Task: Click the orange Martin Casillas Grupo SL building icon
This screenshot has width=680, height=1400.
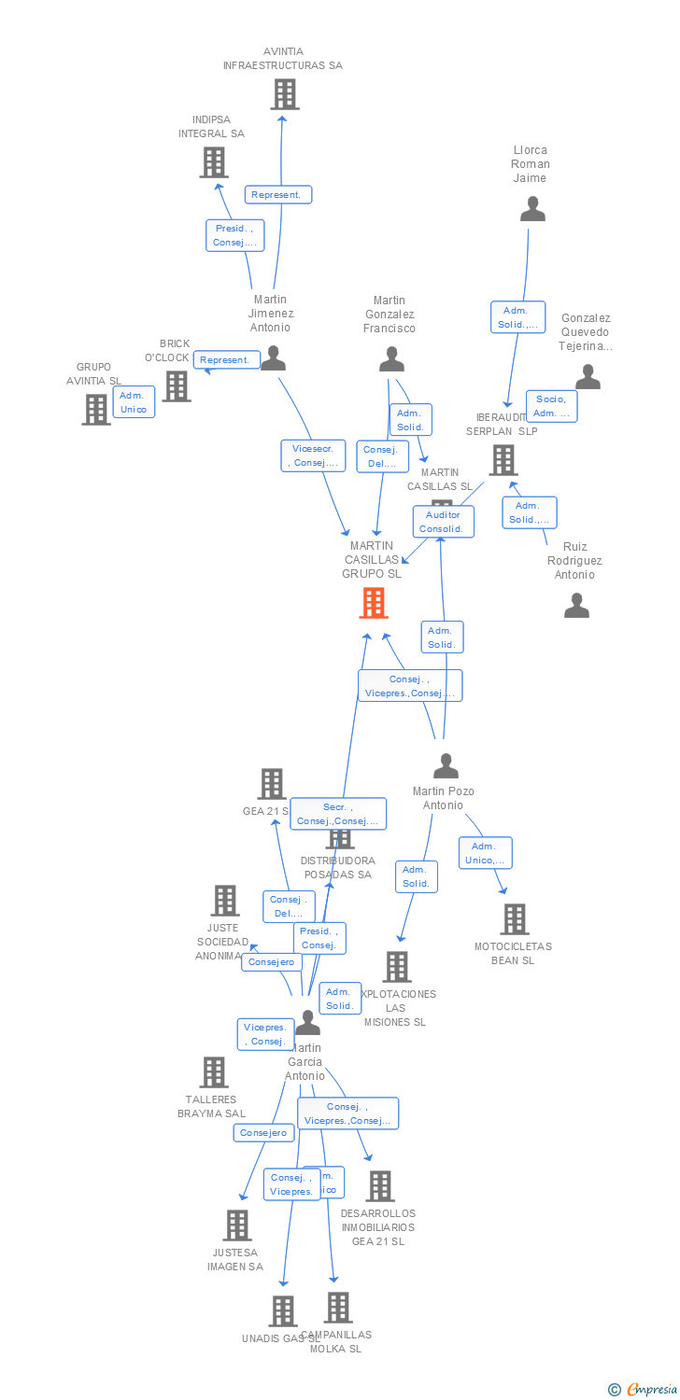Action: [x=374, y=603]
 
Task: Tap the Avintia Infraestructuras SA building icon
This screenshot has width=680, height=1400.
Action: [x=284, y=94]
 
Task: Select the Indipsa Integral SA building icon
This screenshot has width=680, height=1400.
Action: [x=214, y=162]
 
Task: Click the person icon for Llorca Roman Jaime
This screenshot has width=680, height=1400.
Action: [x=532, y=209]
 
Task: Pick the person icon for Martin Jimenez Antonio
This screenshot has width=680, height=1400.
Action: [x=273, y=358]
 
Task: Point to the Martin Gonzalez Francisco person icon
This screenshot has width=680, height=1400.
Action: [x=391, y=359]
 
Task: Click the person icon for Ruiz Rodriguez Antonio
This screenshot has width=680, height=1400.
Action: [x=576, y=606]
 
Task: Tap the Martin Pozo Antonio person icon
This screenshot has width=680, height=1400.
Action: [x=446, y=766]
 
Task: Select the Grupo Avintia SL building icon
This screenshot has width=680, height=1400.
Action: [x=96, y=410]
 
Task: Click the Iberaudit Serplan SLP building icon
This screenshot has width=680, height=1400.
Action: [x=503, y=460]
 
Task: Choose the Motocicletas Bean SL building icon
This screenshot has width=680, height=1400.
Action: [x=514, y=919]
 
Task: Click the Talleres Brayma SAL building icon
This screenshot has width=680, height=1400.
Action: [x=214, y=1072]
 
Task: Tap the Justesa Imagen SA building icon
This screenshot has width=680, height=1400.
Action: [x=237, y=1225]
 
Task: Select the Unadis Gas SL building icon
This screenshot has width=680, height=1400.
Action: [x=282, y=1311]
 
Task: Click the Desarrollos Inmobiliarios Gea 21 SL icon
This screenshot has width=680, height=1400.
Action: [x=379, y=1186]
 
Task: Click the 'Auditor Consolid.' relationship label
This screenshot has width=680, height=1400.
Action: [x=443, y=522]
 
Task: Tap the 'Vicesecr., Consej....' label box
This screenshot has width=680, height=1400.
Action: [x=313, y=455]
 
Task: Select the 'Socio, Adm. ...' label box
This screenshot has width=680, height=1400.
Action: [x=551, y=406]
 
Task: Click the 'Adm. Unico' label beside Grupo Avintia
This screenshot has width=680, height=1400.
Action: [x=134, y=402]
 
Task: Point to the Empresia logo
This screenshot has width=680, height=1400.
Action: [x=642, y=1390]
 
